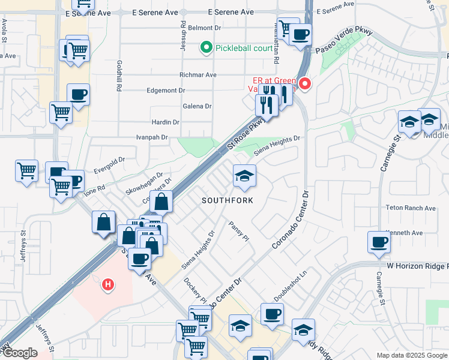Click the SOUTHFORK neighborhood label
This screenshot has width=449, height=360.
(227, 200)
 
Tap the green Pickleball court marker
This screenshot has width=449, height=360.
(206, 47)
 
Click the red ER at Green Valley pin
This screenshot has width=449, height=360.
(305, 83)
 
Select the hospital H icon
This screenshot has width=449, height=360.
(108, 283)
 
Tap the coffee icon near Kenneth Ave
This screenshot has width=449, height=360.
(379, 242)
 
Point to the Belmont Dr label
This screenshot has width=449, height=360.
(205, 28)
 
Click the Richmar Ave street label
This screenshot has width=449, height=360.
(197, 75)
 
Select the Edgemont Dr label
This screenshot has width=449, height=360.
(166, 91)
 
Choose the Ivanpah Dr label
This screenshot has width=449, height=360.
(151, 137)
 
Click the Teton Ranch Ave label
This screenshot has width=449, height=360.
(411, 208)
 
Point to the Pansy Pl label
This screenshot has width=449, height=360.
(238, 230)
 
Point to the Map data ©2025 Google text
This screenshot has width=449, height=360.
(412, 355)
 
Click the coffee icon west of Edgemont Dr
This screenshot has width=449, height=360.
(78, 95)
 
